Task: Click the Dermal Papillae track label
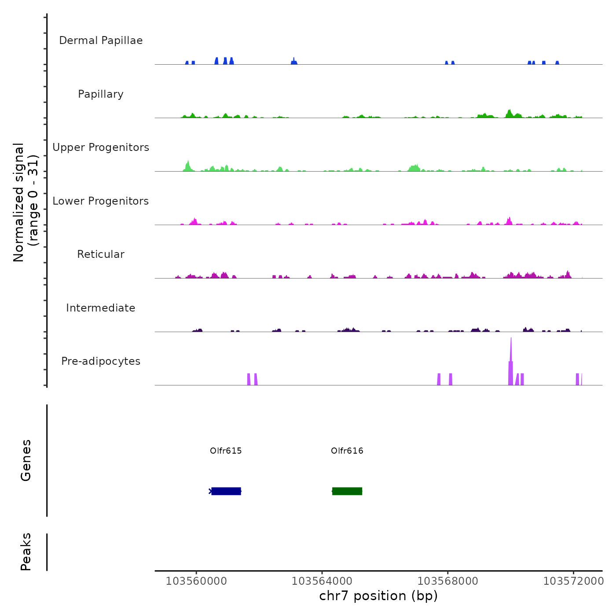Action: point(101,40)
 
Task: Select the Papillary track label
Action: point(101,94)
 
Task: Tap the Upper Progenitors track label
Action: point(101,147)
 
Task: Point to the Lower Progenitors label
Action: point(101,201)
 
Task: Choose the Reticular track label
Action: point(101,254)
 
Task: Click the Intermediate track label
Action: point(101,308)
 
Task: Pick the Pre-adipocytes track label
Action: point(101,361)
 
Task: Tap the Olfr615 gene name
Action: point(226,451)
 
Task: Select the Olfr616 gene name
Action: point(347,451)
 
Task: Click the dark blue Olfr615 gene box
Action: point(226,491)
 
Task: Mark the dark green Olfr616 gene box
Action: point(347,491)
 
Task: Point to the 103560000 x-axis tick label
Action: point(196,581)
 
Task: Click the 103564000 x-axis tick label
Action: point(322,581)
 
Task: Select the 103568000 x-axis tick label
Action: point(448,581)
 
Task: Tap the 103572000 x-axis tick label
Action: point(574,581)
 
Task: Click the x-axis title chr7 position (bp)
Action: point(378,596)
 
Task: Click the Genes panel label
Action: point(26,460)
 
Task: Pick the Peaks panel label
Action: point(26,552)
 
